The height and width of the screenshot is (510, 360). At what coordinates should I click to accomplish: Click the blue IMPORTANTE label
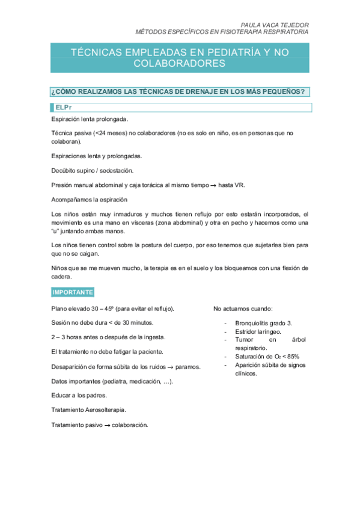(x=72, y=292)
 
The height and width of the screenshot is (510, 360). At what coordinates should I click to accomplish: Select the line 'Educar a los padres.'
(x=79, y=395)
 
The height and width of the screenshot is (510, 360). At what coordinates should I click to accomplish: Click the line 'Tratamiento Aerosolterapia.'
(x=89, y=410)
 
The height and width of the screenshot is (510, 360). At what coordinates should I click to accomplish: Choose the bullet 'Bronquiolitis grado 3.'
(x=264, y=322)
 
